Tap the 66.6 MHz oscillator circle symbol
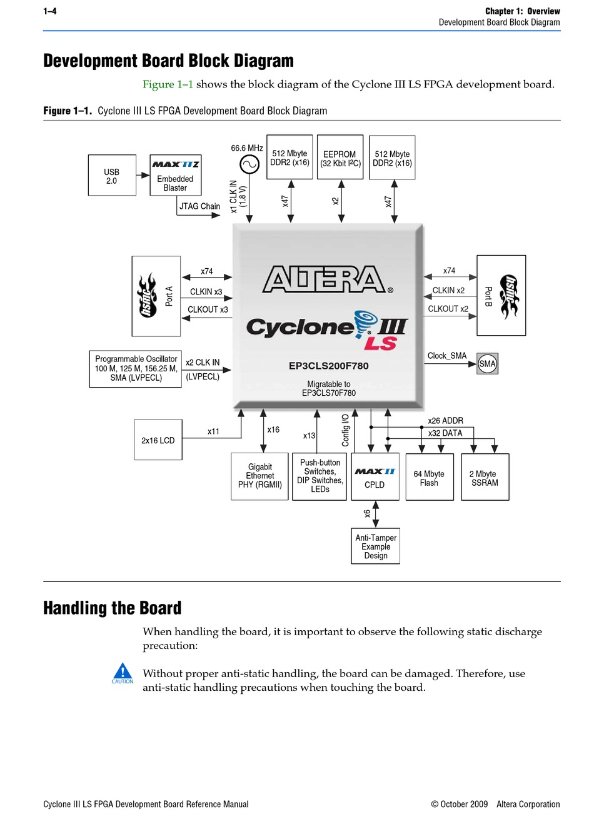pos(249,164)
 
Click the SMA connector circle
pos(487,364)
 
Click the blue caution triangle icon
pos(123,670)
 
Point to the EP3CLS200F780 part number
pos(328,366)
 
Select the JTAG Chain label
pos(199,206)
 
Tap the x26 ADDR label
pos(445,421)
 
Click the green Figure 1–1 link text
pos(168,84)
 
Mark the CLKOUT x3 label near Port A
pos(208,309)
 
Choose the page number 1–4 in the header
pos(49,11)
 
